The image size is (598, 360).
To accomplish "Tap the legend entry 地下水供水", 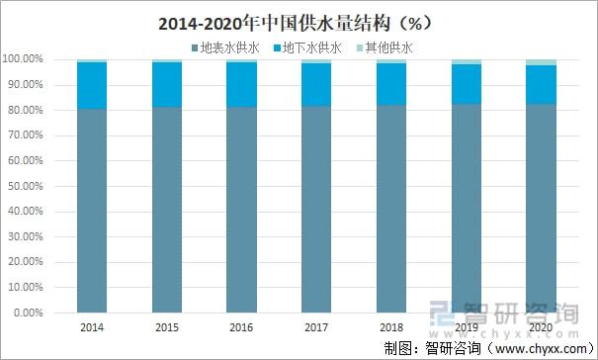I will pos(310,46).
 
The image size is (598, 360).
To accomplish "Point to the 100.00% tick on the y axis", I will pos(22,59).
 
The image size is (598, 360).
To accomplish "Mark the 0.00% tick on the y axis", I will pos(26,313).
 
